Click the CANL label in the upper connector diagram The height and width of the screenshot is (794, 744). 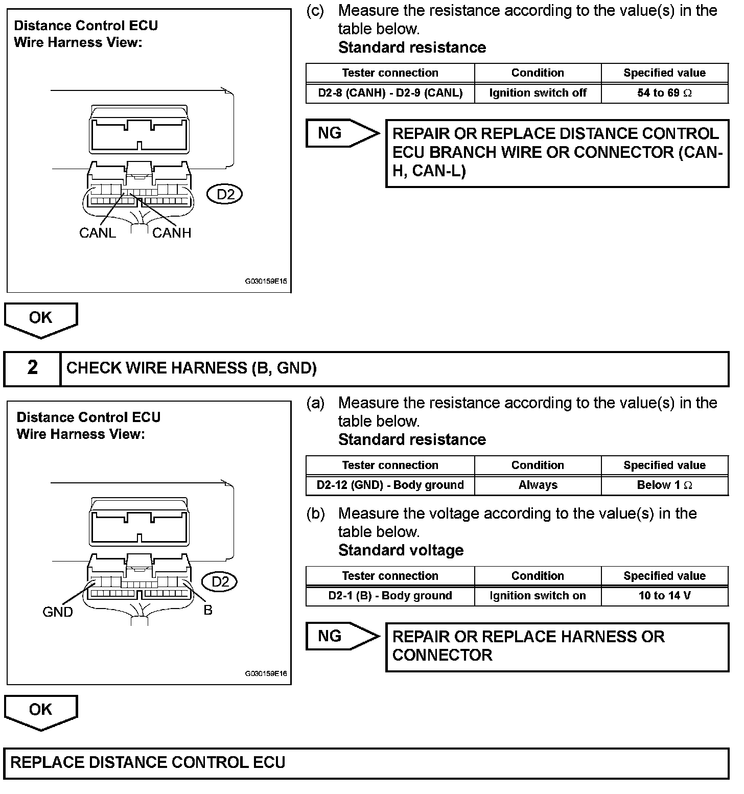pos(98,233)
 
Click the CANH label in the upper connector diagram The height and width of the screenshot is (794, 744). pos(172,233)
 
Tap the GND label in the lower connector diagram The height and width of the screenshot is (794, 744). pos(58,612)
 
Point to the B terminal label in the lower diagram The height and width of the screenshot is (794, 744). pos(208,610)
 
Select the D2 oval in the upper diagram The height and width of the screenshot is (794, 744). pos(225,194)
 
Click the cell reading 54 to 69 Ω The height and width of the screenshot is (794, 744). pos(664,93)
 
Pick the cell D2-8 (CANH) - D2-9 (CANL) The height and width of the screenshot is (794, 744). pos(390,93)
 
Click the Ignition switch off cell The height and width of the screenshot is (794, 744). pos(538,93)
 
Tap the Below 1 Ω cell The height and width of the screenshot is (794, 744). pos(664,485)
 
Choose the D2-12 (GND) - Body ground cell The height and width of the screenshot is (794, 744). pos(390,485)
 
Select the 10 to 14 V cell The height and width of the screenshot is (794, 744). pos(664,596)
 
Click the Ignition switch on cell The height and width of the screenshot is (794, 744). pos(538,596)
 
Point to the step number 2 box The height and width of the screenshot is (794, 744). pos(32,368)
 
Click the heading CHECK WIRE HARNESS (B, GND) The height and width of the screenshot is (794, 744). pos(192,368)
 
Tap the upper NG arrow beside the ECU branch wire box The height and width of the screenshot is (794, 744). pos(341,133)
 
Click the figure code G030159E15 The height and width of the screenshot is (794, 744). pos(266,281)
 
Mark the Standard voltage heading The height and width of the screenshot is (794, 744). pos(401,550)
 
